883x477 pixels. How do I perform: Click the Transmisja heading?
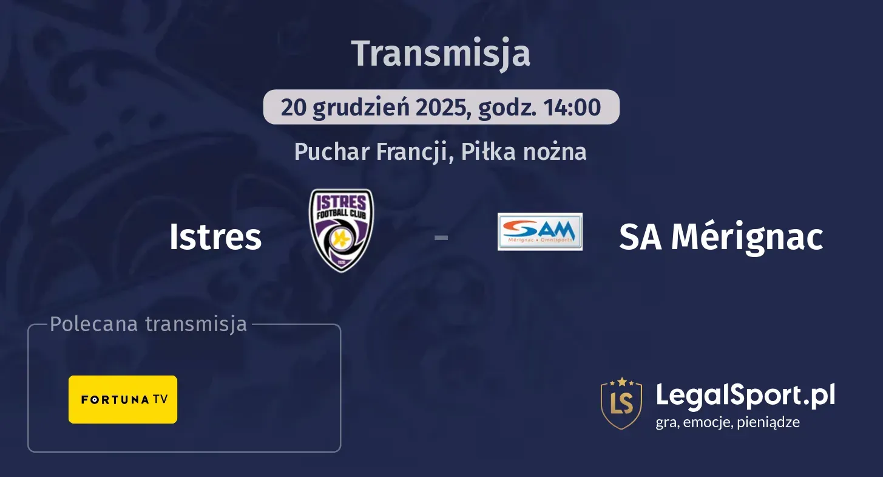(441, 53)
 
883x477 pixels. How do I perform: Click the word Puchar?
(332, 151)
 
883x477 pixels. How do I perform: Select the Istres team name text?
(215, 236)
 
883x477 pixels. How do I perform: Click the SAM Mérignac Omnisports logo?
(540, 232)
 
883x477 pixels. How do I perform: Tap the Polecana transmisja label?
(149, 324)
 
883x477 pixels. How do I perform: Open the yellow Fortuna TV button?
(123, 399)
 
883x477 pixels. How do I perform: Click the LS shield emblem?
(621, 403)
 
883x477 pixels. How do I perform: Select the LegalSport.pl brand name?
(745, 395)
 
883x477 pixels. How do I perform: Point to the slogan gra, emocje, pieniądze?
(728, 422)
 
